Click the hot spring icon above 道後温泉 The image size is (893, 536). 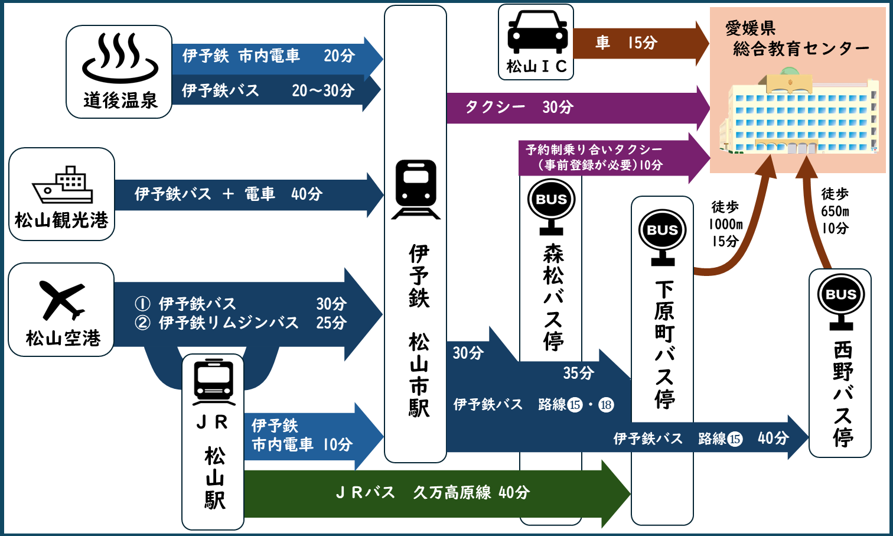[x=120, y=58]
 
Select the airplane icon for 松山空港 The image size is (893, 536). [x=62, y=300]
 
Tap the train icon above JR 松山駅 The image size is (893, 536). [x=214, y=382]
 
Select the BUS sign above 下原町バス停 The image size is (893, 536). [x=662, y=236]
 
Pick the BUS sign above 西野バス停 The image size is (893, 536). [x=840, y=300]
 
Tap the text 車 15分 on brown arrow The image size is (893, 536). [x=626, y=43]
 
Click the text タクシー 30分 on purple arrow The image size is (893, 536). [x=519, y=107]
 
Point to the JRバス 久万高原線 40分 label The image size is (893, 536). [x=432, y=492]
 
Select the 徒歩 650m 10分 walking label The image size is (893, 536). [x=835, y=210]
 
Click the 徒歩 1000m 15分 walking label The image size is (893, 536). [x=725, y=224]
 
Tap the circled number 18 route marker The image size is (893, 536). [x=606, y=405]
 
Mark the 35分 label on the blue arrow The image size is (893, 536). [x=578, y=373]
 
